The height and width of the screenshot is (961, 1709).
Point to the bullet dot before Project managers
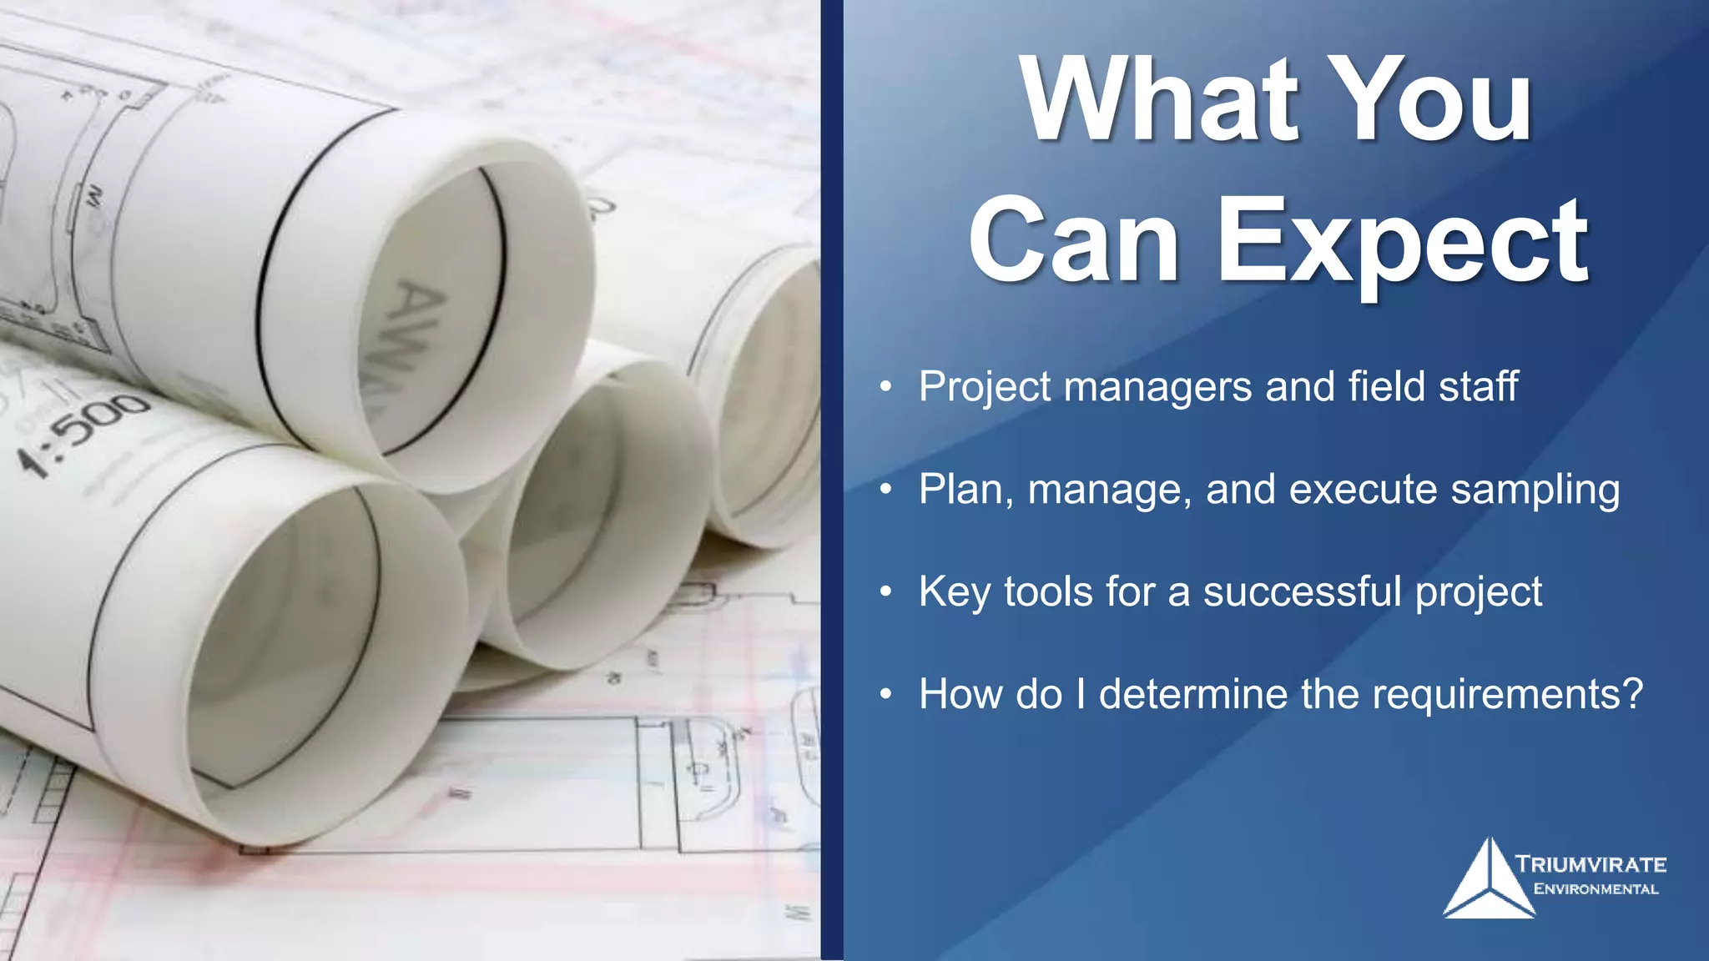pyautogui.click(x=886, y=387)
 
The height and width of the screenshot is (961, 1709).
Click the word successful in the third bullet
pyautogui.click(x=1302, y=591)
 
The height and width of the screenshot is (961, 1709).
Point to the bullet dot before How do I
pyautogui.click(x=886, y=694)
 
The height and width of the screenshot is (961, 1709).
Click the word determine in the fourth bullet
pyautogui.click(x=1193, y=694)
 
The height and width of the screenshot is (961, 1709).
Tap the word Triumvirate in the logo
pyautogui.click(x=1591, y=864)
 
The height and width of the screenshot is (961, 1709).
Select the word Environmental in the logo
pyautogui.click(x=1596, y=889)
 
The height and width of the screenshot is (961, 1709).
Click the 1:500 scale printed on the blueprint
pyautogui.click(x=83, y=434)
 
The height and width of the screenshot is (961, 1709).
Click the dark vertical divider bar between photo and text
pyautogui.click(x=832, y=480)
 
